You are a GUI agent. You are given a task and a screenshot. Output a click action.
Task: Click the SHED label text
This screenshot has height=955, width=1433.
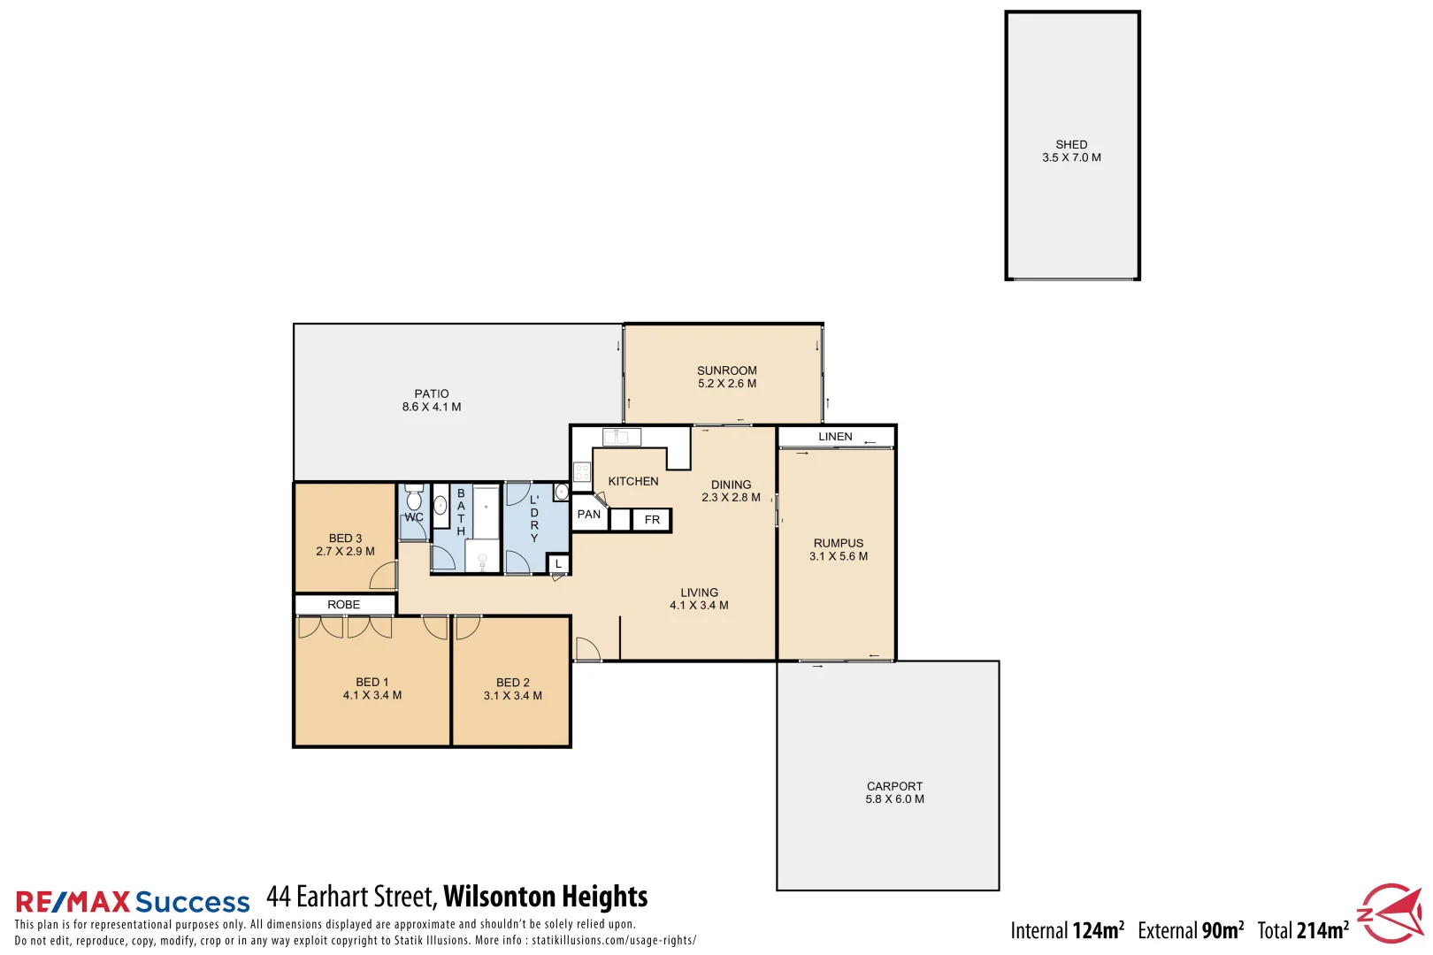(1071, 145)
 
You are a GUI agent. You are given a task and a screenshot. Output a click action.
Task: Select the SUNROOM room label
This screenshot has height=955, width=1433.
(727, 371)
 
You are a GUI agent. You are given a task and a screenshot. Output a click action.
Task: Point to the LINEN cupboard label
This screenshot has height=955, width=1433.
(835, 437)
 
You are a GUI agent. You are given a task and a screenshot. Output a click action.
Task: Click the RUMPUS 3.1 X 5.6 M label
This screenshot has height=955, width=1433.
(839, 550)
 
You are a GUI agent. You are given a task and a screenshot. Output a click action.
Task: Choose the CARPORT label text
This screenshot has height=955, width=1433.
(894, 786)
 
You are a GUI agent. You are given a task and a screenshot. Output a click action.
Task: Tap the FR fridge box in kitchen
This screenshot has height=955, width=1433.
(652, 520)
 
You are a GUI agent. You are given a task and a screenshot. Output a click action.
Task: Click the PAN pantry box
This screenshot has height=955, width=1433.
(589, 515)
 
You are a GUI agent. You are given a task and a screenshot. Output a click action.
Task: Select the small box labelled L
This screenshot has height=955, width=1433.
(558, 564)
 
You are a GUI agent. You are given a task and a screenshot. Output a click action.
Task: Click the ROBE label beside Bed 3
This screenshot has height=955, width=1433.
(344, 605)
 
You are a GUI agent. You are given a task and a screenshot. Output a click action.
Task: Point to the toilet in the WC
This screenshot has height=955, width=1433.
(413, 500)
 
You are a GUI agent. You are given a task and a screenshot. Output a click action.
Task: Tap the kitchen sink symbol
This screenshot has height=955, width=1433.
(621, 437)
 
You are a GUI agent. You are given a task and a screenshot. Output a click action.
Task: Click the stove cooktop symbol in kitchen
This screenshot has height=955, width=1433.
(582, 471)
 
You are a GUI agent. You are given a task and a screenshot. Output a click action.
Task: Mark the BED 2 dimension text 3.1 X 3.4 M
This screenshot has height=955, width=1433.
(513, 696)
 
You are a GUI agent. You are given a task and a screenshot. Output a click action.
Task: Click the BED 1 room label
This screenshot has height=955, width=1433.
(372, 683)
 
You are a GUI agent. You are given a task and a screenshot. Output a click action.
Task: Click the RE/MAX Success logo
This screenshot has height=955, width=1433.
(133, 902)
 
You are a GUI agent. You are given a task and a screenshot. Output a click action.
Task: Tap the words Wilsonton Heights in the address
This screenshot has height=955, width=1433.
(546, 897)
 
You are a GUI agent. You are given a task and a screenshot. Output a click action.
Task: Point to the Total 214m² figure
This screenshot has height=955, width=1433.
(1303, 931)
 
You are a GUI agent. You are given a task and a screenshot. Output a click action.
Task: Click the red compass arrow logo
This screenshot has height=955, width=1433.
(1391, 913)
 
